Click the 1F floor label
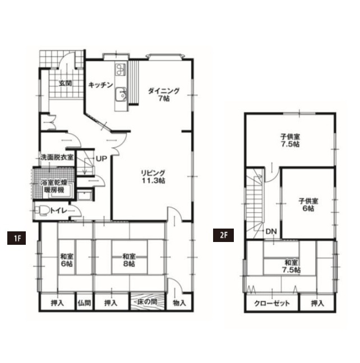pos(16,238)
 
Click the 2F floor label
pos(223,235)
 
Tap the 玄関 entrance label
pos(65,83)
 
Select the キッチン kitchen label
pos(100,85)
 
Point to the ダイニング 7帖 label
pos(164,95)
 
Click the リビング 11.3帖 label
pos(153,176)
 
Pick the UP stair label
pos(101,159)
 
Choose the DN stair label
pos(271,231)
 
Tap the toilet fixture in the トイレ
pos(41,211)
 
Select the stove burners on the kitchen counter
pos(121,69)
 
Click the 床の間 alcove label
pos(147,301)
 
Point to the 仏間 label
pos(84,303)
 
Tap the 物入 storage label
pos(179,303)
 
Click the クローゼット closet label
pos(272,303)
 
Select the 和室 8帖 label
pos(129,260)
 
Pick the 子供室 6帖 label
pos(308,204)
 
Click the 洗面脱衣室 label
pos(57,157)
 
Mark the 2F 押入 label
pos(317,303)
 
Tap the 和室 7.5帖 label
pos(292,266)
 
